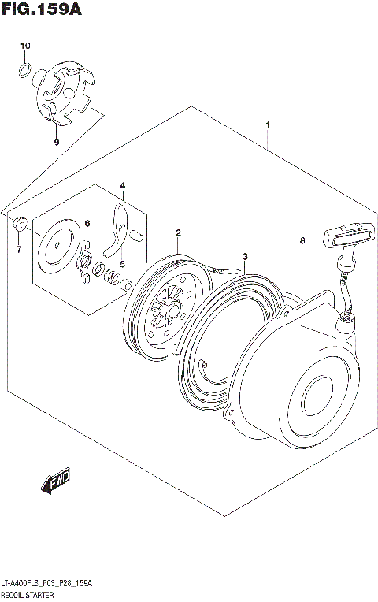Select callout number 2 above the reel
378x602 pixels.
click(179, 232)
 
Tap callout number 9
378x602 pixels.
click(56, 142)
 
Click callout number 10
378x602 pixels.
click(24, 46)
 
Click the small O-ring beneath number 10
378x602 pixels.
click(25, 73)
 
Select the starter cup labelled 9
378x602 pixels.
click(66, 94)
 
